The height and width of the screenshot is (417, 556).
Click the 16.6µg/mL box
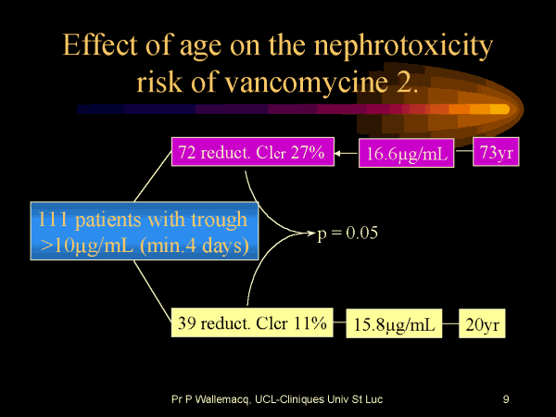coord(407,155)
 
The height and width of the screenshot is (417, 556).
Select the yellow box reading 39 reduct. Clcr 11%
coord(252,323)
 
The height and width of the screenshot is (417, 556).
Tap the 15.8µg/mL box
coord(395,325)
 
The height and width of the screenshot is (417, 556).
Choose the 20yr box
coord(482,325)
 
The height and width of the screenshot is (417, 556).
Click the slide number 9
coord(506,399)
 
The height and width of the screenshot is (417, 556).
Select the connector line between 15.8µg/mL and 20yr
coord(451,325)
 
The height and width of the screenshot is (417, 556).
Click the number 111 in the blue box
coord(55,220)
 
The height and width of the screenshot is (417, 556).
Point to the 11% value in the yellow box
coord(308,323)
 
